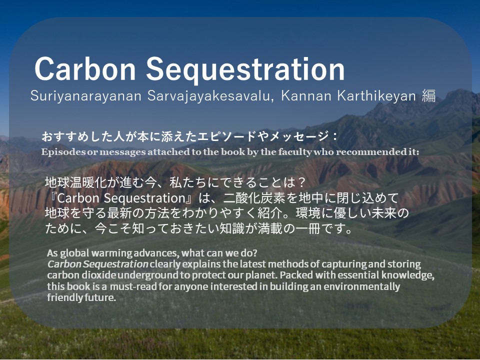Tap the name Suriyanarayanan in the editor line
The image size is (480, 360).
[85, 96]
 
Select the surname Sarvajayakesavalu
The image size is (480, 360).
[210, 96]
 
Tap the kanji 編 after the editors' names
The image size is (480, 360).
[428, 96]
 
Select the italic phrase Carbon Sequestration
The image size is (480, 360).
[98, 264]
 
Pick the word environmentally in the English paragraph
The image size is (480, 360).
[362, 287]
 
